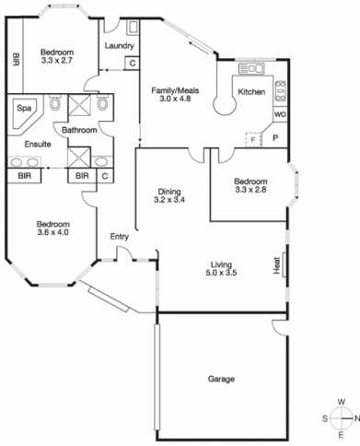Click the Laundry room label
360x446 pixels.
pyautogui.click(x=120, y=45)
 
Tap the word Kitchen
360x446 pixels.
pyautogui.click(x=251, y=92)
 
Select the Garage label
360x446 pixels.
pyautogui.click(x=221, y=379)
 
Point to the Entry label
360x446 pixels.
pyautogui.click(x=120, y=237)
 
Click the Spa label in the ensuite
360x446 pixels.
pyautogui.click(x=23, y=107)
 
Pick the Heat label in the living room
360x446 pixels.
pyautogui.click(x=275, y=265)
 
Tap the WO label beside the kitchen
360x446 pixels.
pyautogui.click(x=279, y=115)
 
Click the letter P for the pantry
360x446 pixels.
pyautogui.click(x=275, y=137)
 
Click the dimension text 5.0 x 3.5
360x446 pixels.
pyautogui.click(x=221, y=273)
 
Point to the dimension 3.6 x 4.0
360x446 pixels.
pyautogui.click(x=52, y=233)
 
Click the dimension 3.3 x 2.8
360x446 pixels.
pyautogui.click(x=250, y=191)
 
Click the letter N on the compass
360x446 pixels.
pyautogui.click(x=355, y=417)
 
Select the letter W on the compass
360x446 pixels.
pyautogui.click(x=342, y=402)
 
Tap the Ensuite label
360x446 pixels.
pyautogui.click(x=25, y=144)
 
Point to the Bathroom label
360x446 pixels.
pyautogui.click(x=79, y=131)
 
